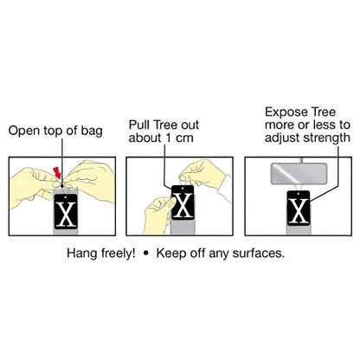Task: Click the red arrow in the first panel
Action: click(x=58, y=173)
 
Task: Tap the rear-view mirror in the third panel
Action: click(x=299, y=174)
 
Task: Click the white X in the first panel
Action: click(x=66, y=214)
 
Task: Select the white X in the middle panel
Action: click(x=183, y=205)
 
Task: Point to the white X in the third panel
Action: click(x=299, y=211)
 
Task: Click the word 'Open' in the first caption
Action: click(x=24, y=131)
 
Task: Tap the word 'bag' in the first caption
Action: click(x=92, y=131)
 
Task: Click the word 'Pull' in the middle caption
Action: click(x=139, y=125)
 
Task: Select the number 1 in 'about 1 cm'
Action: click(x=169, y=138)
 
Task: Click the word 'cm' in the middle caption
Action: click(x=184, y=138)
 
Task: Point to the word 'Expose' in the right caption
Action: click(x=283, y=112)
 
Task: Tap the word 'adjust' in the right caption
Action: click(x=283, y=138)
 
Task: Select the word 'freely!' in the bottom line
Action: click(x=119, y=254)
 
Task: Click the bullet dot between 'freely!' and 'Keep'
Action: click(x=146, y=254)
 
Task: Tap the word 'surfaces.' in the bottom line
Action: click(x=259, y=254)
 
